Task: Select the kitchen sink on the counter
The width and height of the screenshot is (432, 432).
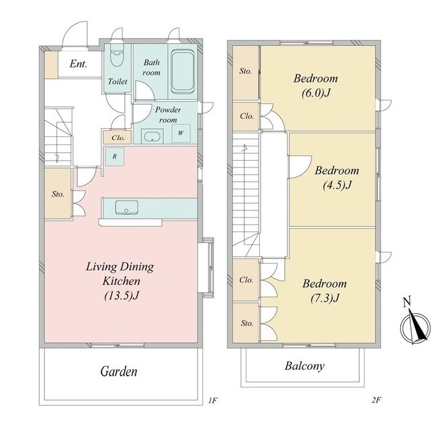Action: click(x=126, y=207)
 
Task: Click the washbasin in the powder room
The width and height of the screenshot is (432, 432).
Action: click(x=152, y=136)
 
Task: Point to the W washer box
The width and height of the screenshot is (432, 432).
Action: click(x=181, y=134)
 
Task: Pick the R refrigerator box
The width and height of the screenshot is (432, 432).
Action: click(x=115, y=157)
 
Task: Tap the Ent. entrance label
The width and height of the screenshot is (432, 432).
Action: click(x=78, y=64)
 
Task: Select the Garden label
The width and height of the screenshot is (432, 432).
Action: click(x=119, y=371)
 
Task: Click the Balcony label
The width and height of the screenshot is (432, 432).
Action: click(x=304, y=366)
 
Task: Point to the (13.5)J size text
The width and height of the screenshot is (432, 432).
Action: click(x=122, y=296)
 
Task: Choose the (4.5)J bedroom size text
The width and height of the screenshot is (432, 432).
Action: click(x=337, y=185)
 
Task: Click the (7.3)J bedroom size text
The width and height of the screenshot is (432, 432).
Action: click(x=325, y=298)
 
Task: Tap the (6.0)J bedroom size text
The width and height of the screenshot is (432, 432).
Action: click(x=316, y=93)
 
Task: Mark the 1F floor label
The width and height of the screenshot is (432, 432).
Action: click(x=213, y=400)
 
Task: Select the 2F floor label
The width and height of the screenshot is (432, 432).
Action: click(x=376, y=400)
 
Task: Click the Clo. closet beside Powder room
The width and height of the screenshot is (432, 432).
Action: click(x=118, y=138)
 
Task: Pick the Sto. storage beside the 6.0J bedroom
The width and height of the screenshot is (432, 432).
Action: click(x=246, y=72)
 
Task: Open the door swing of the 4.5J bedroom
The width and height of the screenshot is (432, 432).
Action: click(x=300, y=167)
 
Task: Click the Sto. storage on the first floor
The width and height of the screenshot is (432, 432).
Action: click(x=58, y=194)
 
